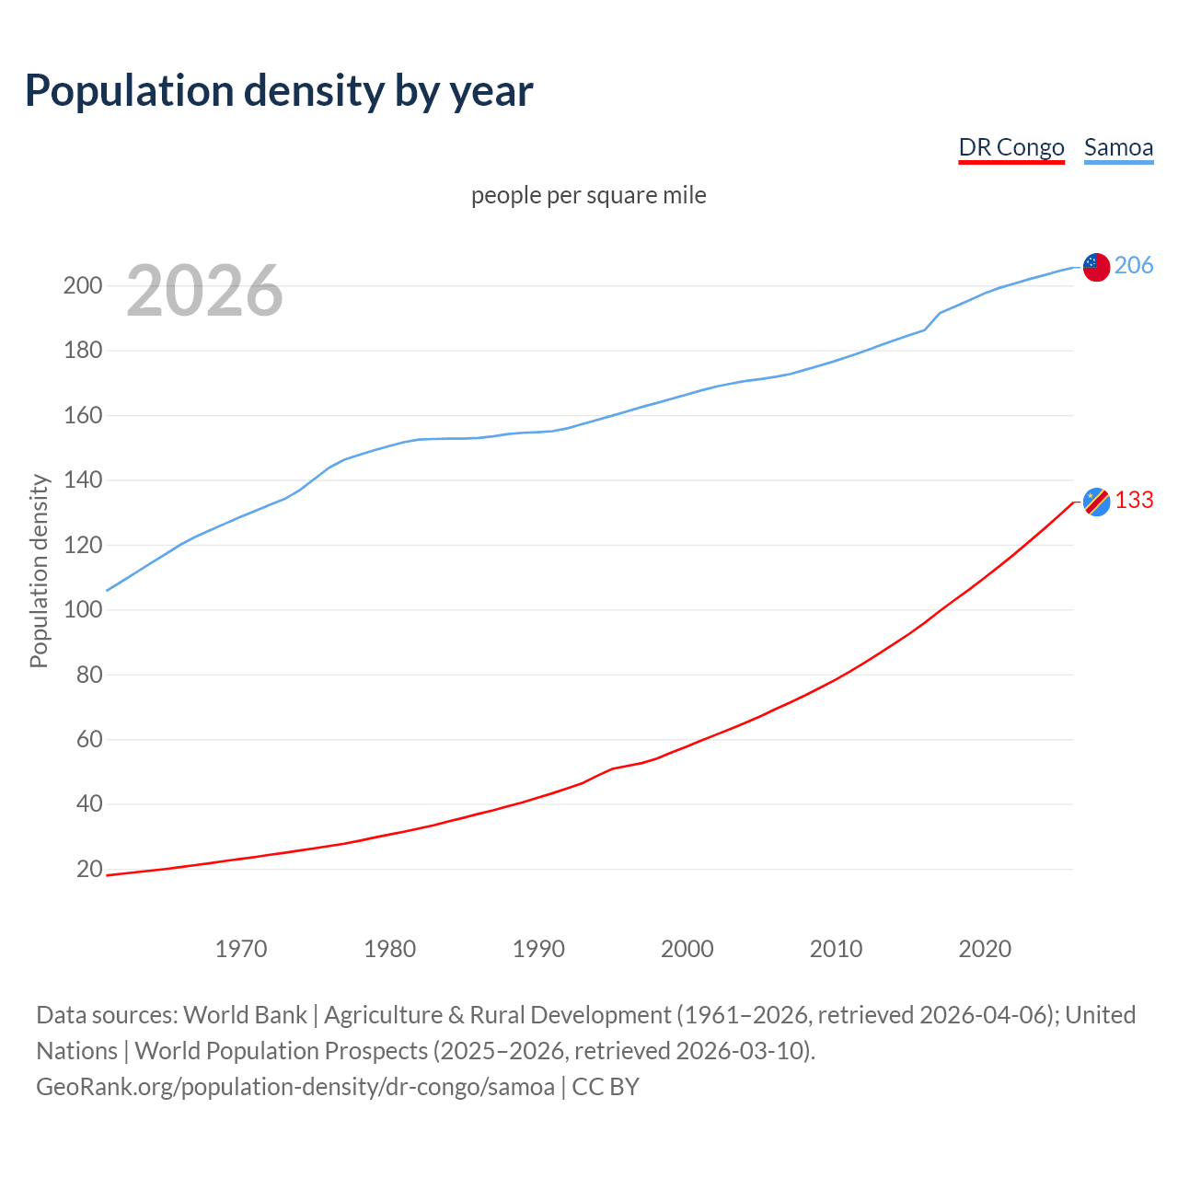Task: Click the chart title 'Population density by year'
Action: coord(279,91)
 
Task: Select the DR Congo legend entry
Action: coord(1011,147)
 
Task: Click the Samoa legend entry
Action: coord(1118,147)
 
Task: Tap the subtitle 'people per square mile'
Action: coord(588,195)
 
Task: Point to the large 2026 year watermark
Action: coord(204,291)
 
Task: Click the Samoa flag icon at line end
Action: coord(1096,267)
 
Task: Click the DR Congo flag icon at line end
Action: coord(1096,502)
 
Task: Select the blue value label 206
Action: coord(1134,265)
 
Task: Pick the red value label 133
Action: coord(1134,500)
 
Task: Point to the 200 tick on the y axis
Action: coord(82,285)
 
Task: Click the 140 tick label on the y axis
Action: coord(82,479)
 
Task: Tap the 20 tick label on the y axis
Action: coord(89,869)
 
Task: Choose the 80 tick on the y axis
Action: coord(89,675)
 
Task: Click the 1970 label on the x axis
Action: coord(241,949)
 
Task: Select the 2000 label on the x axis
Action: coord(687,949)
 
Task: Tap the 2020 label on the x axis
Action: coord(985,949)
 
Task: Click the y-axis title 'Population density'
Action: coord(39,571)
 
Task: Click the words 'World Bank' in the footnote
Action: coord(245,1015)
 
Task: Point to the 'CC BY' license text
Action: coord(606,1087)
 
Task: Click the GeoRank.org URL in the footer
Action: coord(295,1087)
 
